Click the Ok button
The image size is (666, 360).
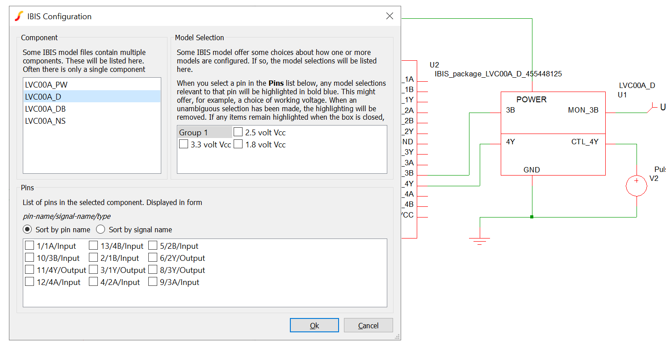click(x=314, y=325)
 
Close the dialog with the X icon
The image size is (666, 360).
click(x=390, y=16)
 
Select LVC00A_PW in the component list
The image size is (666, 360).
click(x=46, y=84)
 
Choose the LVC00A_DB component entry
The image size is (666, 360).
click(x=46, y=109)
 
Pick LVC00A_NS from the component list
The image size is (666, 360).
click(x=46, y=121)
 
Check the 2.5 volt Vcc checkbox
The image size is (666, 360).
click(x=238, y=132)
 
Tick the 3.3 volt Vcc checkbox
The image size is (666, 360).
click(x=184, y=144)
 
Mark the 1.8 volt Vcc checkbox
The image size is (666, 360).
click(x=238, y=144)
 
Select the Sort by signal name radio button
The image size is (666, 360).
click(x=101, y=230)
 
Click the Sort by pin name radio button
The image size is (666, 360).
click(x=28, y=230)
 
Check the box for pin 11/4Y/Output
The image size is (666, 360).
click(x=29, y=270)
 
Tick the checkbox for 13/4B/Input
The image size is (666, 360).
click(x=93, y=246)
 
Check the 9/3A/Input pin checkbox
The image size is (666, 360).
click(x=153, y=282)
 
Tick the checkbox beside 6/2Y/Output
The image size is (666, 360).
click(x=153, y=258)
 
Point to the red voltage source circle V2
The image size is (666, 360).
click(x=637, y=186)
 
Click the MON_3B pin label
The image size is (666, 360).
click(x=583, y=110)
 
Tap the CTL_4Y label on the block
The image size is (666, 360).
click(x=585, y=142)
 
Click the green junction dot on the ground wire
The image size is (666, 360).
click(x=532, y=217)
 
